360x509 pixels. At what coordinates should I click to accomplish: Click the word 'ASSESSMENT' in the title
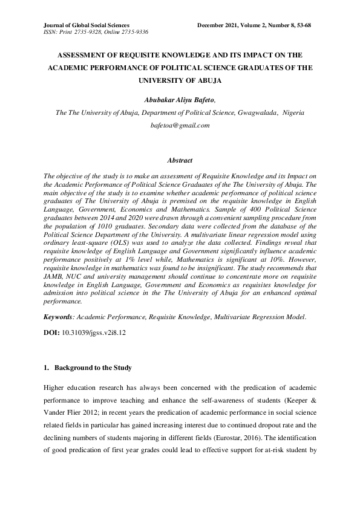coord(85,53)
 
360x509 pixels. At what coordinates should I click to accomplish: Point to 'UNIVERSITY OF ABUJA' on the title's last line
coord(180,80)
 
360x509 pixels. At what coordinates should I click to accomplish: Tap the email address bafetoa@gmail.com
coord(180,125)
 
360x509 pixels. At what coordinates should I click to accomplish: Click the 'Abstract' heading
coord(180,161)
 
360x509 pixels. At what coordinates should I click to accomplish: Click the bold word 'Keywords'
coord(58,316)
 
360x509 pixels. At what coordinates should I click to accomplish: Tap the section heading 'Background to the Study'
coord(93,368)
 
